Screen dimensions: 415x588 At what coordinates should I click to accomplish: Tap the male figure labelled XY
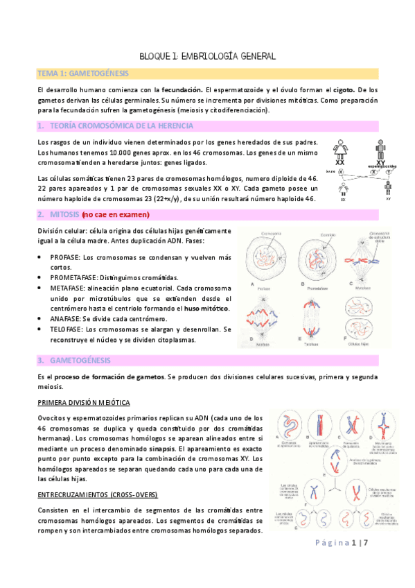tap(380, 148)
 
